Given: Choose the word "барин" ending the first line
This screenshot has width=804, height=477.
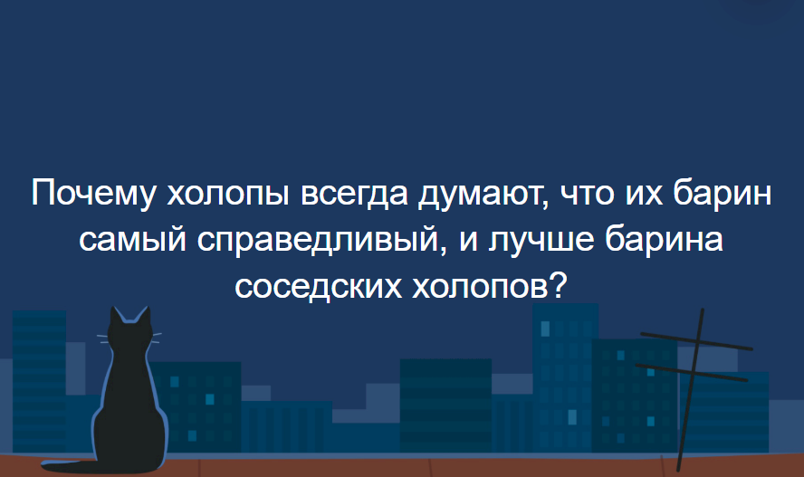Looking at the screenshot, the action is click(722, 196).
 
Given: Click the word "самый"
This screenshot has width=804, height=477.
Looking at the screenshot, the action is click(132, 241).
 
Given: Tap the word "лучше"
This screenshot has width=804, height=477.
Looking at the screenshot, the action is click(541, 241).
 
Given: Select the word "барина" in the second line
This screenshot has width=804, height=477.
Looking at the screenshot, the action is click(664, 240).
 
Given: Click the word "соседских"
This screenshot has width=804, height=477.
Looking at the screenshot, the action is click(319, 287).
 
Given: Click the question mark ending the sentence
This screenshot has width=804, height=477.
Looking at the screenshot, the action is click(558, 283).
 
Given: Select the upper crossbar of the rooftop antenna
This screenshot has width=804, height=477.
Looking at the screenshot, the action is click(696, 341).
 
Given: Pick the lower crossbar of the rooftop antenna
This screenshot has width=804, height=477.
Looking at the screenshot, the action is click(691, 373).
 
